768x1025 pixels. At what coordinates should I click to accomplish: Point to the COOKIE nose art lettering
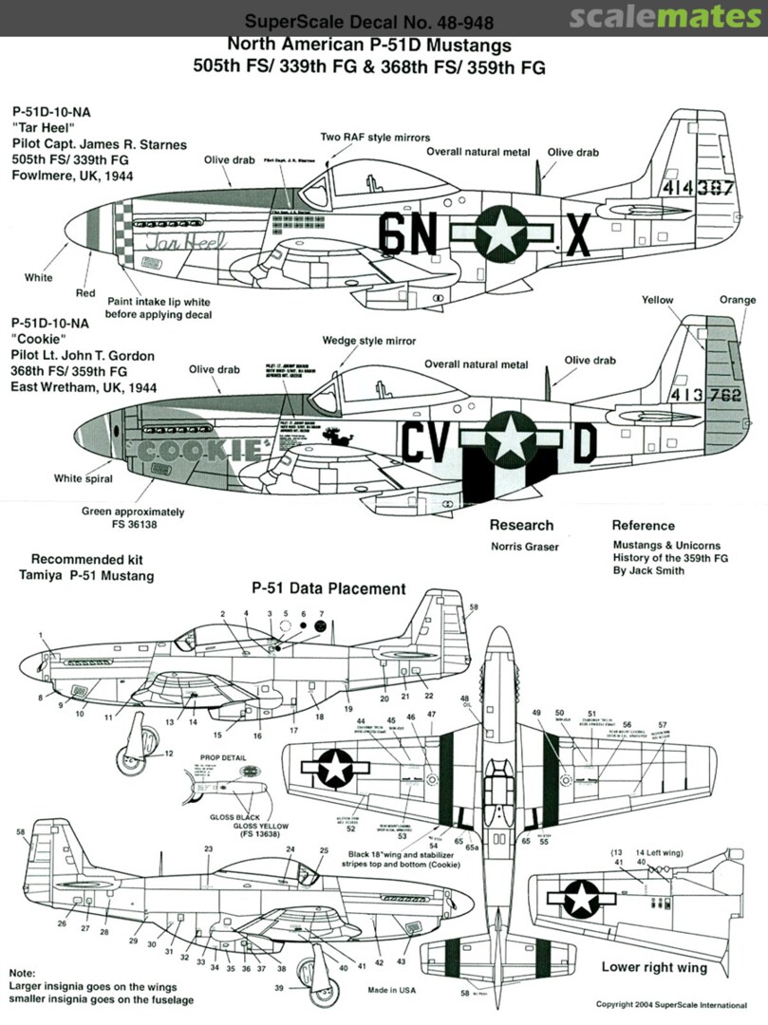(x=195, y=448)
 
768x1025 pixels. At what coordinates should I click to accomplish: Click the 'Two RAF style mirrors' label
(x=375, y=138)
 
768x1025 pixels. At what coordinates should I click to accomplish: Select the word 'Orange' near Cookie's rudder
(x=738, y=301)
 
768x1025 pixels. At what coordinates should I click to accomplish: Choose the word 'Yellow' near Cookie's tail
(x=657, y=301)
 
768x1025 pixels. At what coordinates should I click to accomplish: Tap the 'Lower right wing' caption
(x=654, y=968)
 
